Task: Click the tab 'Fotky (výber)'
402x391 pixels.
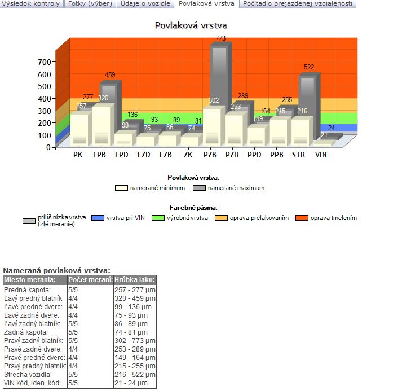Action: (90, 3)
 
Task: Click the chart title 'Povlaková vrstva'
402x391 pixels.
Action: (191, 25)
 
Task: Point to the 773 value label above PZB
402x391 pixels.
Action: (220, 38)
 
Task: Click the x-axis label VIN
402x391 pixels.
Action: (321, 155)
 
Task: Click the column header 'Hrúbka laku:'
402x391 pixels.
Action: (134, 280)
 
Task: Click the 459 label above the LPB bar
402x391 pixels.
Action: (111, 75)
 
